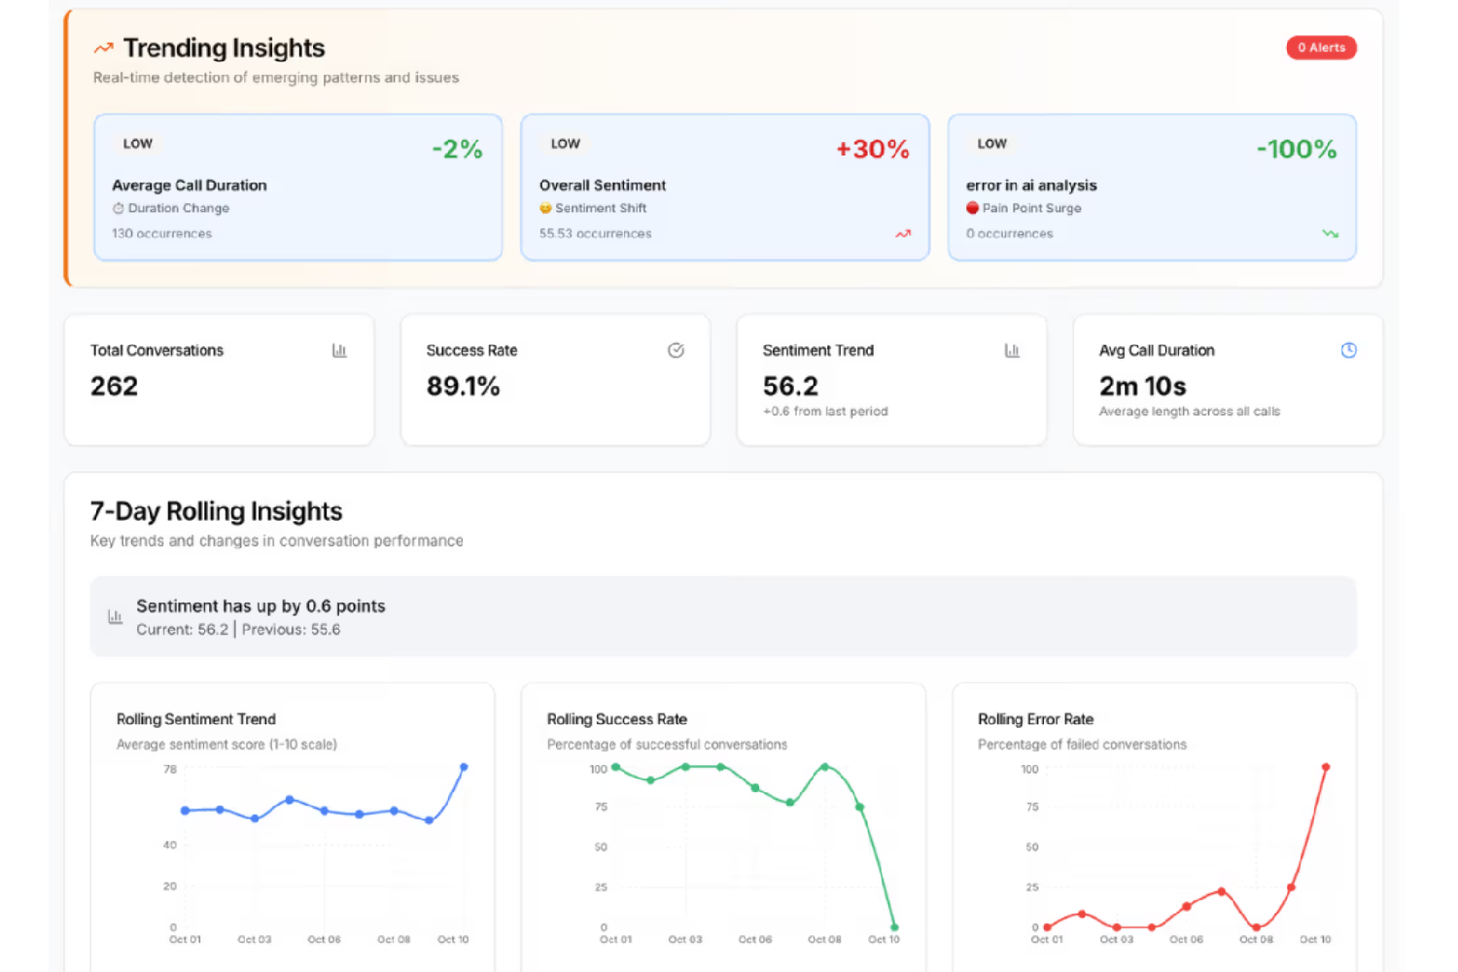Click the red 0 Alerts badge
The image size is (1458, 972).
tap(1321, 48)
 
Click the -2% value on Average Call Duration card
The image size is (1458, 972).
tap(457, 149)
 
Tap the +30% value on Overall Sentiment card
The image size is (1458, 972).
tap(872, 149)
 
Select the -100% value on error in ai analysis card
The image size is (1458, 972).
tap(1296, 149)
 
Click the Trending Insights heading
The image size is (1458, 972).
tap(224, 48)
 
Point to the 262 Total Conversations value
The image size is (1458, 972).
tap(114, 386)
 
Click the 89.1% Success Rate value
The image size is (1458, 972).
tap(463, 386)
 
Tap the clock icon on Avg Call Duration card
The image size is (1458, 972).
tap(1348, 350)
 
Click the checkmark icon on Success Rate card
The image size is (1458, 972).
tap(676, 350)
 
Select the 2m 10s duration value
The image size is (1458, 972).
tap(1142, 386)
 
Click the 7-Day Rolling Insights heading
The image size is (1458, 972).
tap(216, 511)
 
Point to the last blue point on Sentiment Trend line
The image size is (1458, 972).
tap(464, 767)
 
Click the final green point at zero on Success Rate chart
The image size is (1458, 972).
tap(894, 927)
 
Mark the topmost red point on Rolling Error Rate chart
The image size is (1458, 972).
tap(1326, 767)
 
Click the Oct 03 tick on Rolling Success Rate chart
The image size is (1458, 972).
tap(684, 939)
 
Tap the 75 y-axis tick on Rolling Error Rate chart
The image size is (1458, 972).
tap(1031, 807)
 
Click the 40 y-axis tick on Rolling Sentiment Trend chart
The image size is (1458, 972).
tap(170, 845)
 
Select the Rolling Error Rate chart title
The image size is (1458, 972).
tap(1035, 719)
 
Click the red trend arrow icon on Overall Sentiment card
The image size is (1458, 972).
tap(903, 233)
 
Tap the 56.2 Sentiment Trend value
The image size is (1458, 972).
tap(790, 386)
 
